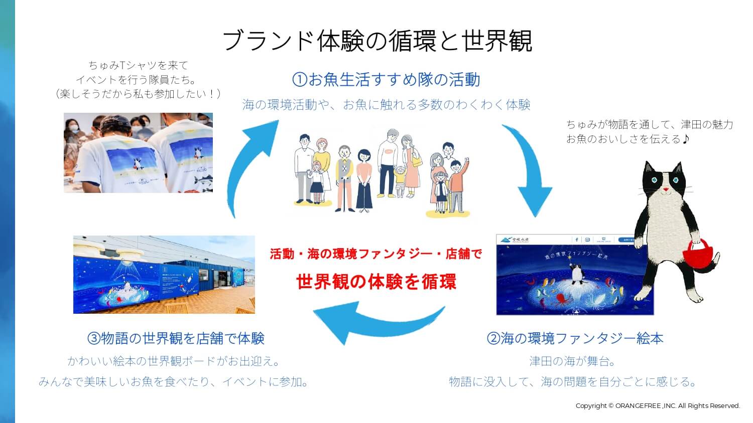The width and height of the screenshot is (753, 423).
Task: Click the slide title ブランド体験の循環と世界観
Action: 376,40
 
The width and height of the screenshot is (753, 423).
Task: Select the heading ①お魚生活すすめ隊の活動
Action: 386,80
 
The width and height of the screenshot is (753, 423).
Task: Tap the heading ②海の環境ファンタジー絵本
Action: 575,338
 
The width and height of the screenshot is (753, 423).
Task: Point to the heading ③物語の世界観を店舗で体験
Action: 176,338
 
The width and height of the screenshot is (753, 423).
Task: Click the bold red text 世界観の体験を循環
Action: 376,282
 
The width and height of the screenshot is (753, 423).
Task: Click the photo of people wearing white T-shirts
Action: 138,153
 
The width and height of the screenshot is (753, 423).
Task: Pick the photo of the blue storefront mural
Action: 164,275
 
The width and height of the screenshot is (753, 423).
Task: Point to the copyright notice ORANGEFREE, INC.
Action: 658,405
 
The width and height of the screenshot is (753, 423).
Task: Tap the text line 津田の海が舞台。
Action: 573,361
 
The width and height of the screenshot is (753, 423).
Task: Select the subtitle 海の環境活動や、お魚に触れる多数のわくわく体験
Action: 386,105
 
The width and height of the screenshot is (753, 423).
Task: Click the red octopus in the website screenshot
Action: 561,300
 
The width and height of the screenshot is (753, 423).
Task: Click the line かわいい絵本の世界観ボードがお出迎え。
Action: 174,361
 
